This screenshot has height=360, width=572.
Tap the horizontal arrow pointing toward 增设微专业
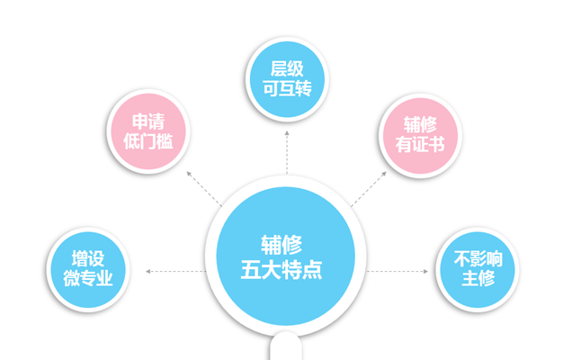(x=176, y=271)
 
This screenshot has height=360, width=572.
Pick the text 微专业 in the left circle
(x=87, y=279)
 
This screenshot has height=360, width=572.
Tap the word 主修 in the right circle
(x=478, y=279)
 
